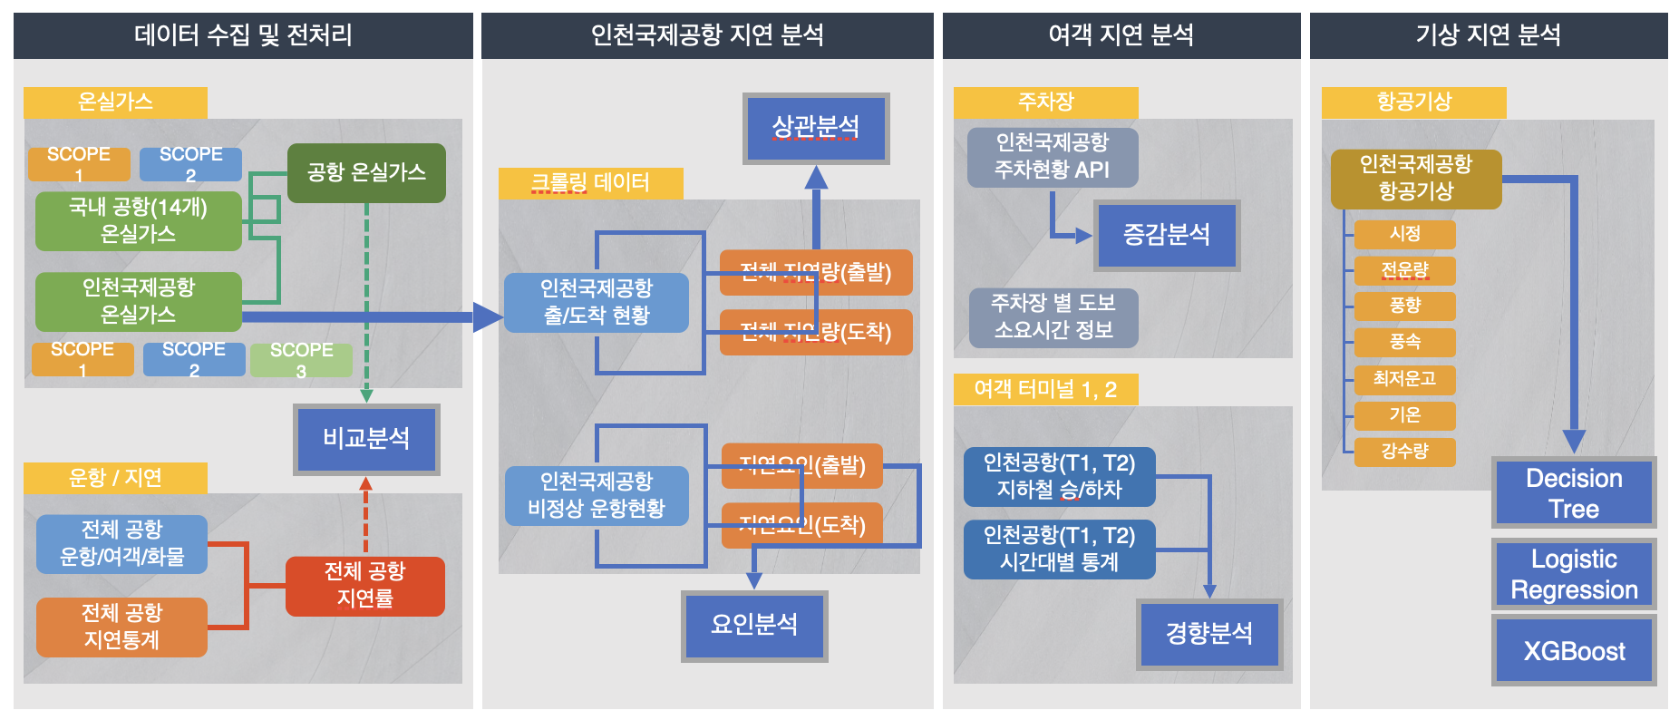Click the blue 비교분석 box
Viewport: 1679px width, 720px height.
click(366, 439)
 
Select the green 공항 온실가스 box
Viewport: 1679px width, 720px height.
click(366, 172)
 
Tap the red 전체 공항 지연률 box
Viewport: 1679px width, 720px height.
click(365, 585)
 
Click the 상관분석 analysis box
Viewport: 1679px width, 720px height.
click(815, 127)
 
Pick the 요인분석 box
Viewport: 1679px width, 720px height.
click(754, 624)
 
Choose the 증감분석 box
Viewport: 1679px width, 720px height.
click(1166, 235)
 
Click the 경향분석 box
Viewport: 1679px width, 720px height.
click(1208, 633)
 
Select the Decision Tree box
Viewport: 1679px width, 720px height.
click(1573, 492)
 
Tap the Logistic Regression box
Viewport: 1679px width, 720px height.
click(1573, 574)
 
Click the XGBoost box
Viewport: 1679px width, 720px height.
click(1573, 650)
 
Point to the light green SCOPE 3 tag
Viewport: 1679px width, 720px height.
click(301, 360)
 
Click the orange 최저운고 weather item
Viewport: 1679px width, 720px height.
click(1404, 378)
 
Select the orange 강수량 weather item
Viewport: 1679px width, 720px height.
click(1404, 452)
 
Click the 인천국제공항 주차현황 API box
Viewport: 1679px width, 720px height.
click(1052, 156)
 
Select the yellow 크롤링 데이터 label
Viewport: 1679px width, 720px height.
click(590, 183)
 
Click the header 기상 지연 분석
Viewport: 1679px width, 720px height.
click(1488, 35)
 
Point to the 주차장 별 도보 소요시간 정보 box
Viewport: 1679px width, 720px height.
click(1053, 316)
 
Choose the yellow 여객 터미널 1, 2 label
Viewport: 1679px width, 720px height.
click(1044, 390)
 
